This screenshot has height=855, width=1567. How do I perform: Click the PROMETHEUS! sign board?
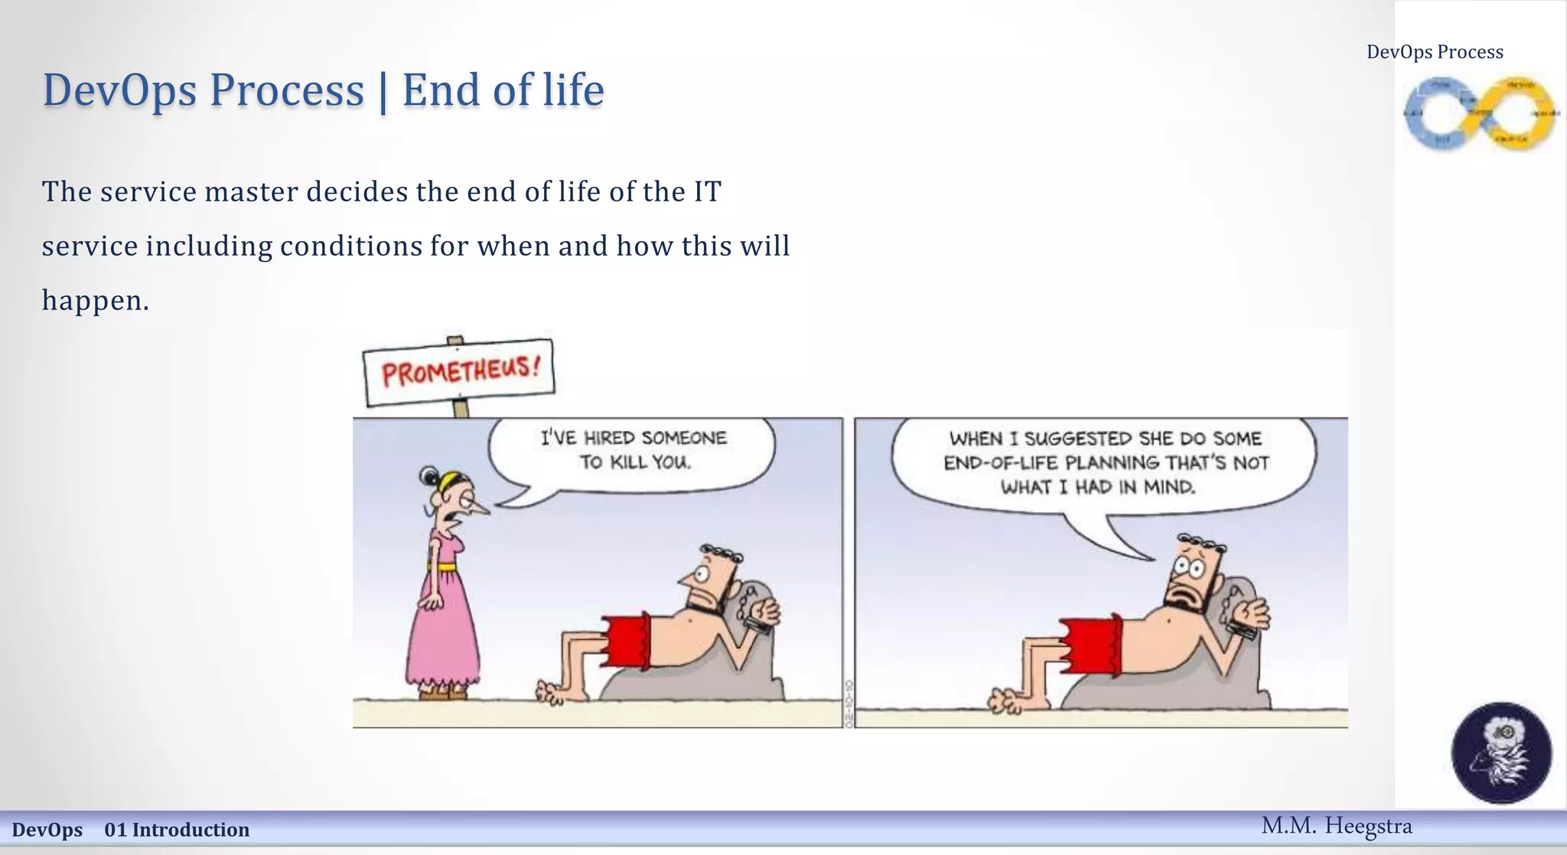[x=459, y=372]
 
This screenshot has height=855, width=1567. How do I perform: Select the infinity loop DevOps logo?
[x=1480, y=114]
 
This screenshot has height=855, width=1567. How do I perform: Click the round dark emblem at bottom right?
[x=1501, y=752]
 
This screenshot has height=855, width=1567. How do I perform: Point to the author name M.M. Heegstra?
[x=1336, y=826]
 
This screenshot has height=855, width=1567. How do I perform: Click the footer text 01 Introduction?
[x=177, y=830]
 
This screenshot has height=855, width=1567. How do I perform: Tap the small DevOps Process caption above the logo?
[x=1435, y=52]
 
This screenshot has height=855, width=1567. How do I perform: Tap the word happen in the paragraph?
[x=90, y=300]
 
